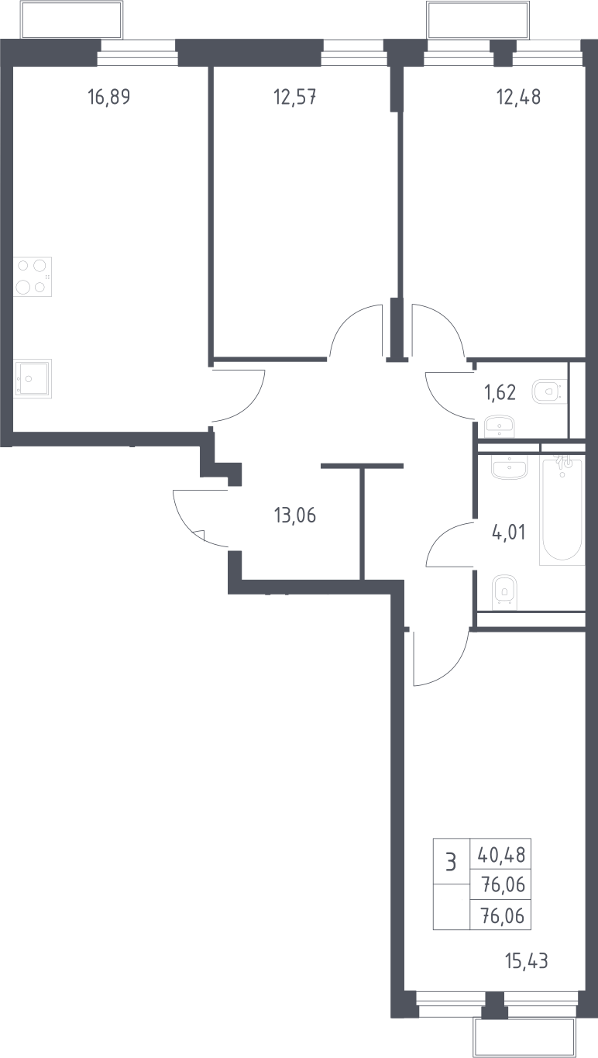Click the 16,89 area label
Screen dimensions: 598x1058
(x=109, y=97)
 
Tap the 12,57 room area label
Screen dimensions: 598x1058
(x=295, y=97)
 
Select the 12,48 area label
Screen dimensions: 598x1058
(x=519, y=97)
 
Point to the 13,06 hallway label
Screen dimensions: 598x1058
(x=295, y=515)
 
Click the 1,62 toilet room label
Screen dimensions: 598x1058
(x=500, y=392)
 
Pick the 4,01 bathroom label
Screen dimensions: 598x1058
(x=509, y=532)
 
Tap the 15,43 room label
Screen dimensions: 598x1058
(x=527, y=961)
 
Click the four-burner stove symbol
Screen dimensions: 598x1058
(x=32, y=277)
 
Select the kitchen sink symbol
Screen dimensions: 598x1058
(x=32, y=378)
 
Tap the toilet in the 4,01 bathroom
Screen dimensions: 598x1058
(x=504, y=592)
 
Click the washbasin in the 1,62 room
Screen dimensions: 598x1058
(x=500, y=426)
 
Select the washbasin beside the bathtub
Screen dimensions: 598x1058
(x=509, y=467)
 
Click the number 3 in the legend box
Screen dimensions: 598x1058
(x=452, y=863)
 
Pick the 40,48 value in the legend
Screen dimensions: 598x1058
(x=501, y=855)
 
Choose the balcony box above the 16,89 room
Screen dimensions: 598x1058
(x=71, y=19)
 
